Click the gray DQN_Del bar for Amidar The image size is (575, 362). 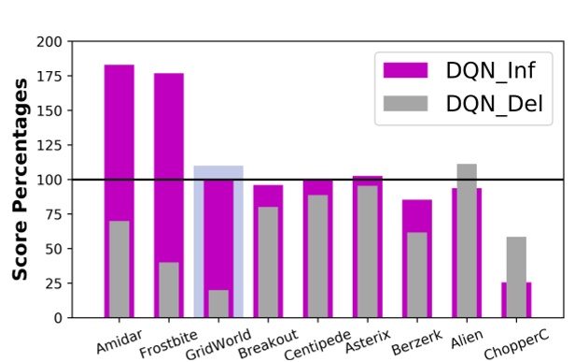[119, 269]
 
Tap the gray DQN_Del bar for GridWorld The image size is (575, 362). [218, 304]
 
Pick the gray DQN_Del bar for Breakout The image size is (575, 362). [268, 262]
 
